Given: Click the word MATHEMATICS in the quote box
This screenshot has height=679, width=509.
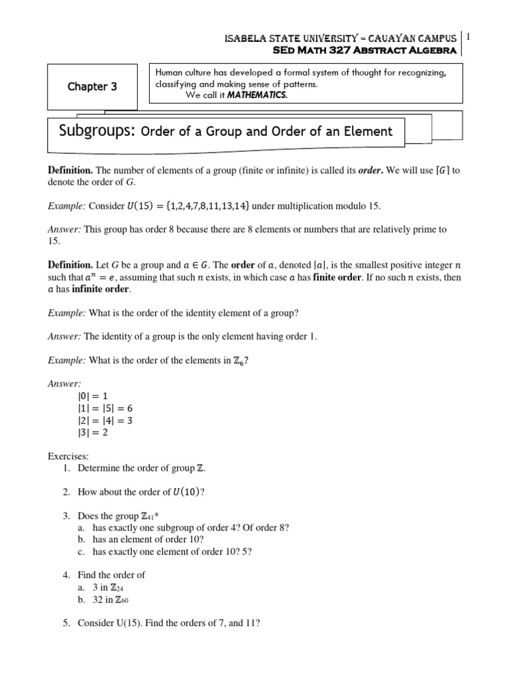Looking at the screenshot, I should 259,95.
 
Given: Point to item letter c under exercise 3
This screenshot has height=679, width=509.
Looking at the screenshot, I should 81,551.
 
